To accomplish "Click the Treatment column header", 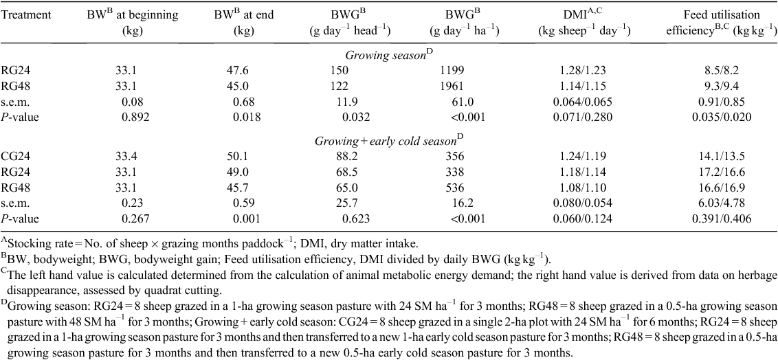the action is click(x=26, y=15).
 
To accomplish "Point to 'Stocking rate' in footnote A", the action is click(x=32, y=243).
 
